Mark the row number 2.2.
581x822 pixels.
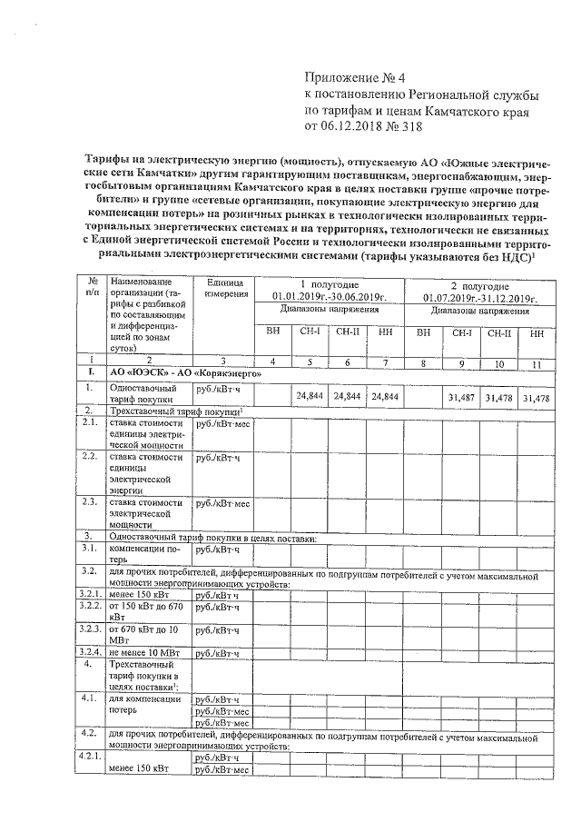coord(90,457)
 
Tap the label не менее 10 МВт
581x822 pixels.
coord(145,652)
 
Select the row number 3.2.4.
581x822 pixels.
coord(89,652)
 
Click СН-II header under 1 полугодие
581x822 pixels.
coord(348,332)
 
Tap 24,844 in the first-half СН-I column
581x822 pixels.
coord(310,397)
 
